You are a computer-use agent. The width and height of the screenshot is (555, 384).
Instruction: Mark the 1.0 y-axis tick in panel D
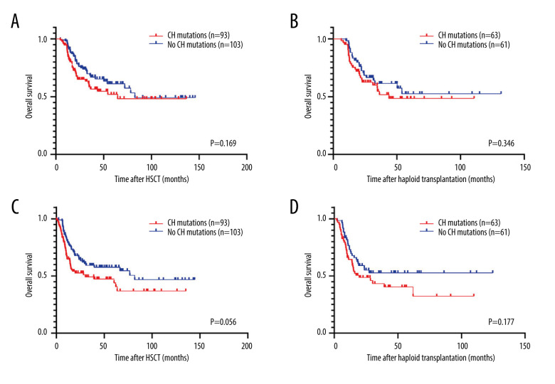322,218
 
